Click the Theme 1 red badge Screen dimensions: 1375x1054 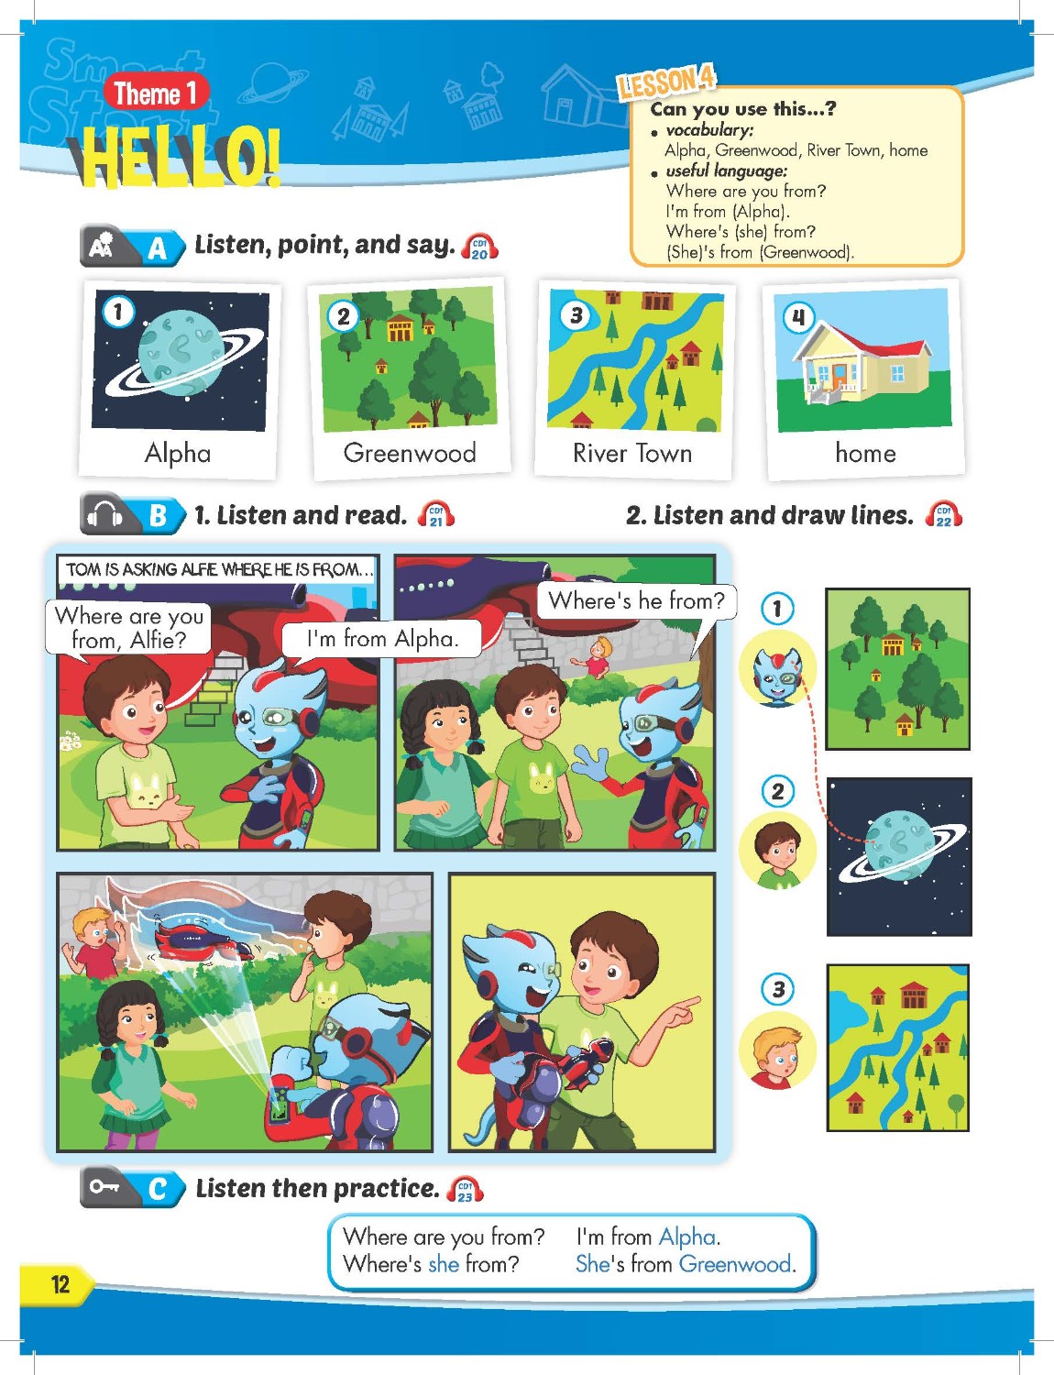pos(155,93)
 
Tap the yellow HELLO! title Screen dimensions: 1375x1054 pos(178,159)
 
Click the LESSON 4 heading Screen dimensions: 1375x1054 pos(665,82)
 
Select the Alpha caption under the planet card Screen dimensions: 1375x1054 pos(178,453)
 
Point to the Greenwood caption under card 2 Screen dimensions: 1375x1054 pos(410,453)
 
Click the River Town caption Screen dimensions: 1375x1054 pos(632,453)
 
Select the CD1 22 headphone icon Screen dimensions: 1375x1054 pos(944,515)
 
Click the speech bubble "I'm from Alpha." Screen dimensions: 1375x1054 pos(381,638)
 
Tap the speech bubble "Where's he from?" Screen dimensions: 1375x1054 pos(636,601)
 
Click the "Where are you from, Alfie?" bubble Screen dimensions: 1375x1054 pos(129,627)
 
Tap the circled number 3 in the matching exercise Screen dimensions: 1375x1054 pos(777,989)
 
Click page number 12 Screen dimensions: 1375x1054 pos(60,1283)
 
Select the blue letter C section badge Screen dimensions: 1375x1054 pos(157,1189)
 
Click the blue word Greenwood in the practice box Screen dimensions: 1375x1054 pos(735,1264)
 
